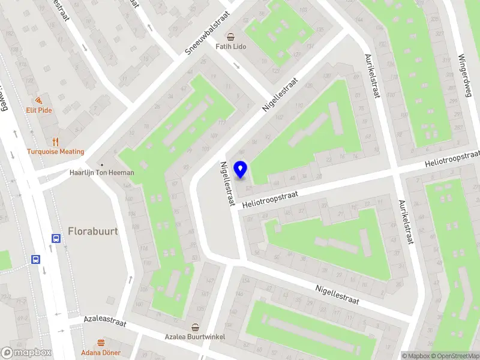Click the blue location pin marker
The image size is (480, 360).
241,170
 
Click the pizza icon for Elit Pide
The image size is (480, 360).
38,100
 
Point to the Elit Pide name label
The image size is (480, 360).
38,110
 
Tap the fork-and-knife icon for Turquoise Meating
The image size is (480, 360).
55,142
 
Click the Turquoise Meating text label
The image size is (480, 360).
55,152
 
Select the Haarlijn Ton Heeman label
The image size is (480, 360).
101,173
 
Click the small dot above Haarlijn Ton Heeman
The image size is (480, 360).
102,164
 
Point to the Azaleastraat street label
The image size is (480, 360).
106,322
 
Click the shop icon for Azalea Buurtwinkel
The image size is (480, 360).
195,327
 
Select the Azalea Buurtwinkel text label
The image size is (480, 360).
195,337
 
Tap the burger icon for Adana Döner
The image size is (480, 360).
101,343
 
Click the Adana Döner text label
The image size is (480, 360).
101,352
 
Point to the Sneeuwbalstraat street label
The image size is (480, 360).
207,35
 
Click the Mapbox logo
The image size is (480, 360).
26,353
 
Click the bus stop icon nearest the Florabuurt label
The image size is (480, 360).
56,238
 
